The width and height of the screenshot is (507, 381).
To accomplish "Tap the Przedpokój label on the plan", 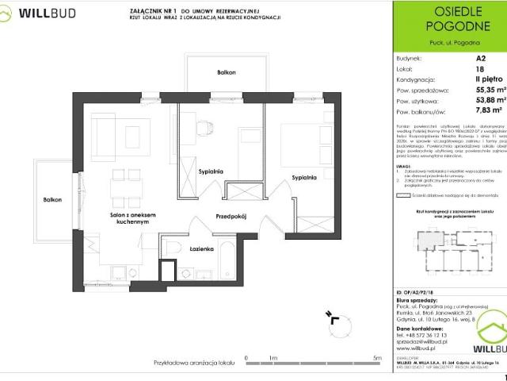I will click(x=233, y=216).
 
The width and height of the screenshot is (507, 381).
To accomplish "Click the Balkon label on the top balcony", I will click(x=227, y=72).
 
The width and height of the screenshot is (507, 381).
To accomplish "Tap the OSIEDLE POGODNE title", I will click(x=449, y=24).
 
